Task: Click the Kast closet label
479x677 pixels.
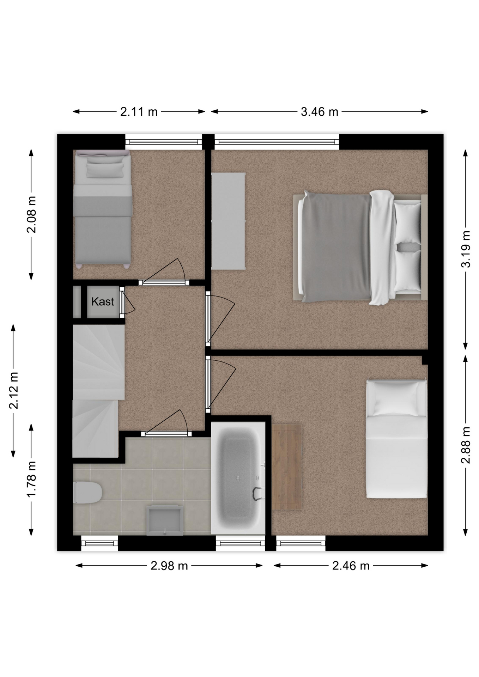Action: pyautogui.click(x=102, y=301)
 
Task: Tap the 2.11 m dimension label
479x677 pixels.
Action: pyautogui.click(x=139, y=112)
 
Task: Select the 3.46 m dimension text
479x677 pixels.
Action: pyautogui.click(x=319, y=112)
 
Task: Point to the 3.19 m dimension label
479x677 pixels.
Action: pyautogui.click(x=466, y=249)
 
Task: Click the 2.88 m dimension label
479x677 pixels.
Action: pyautogui.click(x=466, y=445)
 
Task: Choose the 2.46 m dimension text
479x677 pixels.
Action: pyautogui.click(x=351, y=566)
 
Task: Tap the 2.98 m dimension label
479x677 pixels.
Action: pyautogui.click(x=169, y=566)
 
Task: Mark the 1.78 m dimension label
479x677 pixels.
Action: pyautogui.click(x=31, y=479)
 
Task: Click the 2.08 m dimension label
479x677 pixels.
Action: pyautogui.click(x=31, y=214)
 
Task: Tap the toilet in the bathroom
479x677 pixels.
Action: pyautogui.click(x=87, y=493)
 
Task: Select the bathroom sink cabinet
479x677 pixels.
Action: pyautogui.click(x=165, y=520)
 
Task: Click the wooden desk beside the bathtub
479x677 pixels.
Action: pyautogui.click(x=286, y=466)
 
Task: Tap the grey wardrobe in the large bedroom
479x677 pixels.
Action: pyautogui.click(x=228, y=221)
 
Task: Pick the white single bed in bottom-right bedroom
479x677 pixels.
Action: pyautogui.click(x=396, y=439)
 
